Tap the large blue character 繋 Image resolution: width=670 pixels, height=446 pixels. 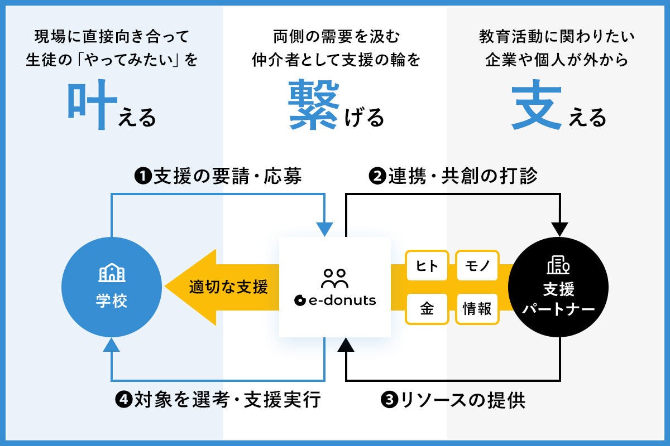(313, 104)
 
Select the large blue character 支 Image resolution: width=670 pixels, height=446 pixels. (537, 106)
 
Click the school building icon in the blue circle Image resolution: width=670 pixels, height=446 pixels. (112, 273)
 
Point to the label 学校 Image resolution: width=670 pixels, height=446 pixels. (112, 302)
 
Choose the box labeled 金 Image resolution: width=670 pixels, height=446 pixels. (427, 308)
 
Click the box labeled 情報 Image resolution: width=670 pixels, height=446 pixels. (477, 308)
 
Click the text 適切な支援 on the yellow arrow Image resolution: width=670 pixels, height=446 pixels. (228, 287)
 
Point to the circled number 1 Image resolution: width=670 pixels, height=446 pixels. (143, 177)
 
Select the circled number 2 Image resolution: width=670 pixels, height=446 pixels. (378, 177)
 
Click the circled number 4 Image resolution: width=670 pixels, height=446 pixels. (123, 400)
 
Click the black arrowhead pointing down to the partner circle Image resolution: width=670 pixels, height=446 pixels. (559, 229)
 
